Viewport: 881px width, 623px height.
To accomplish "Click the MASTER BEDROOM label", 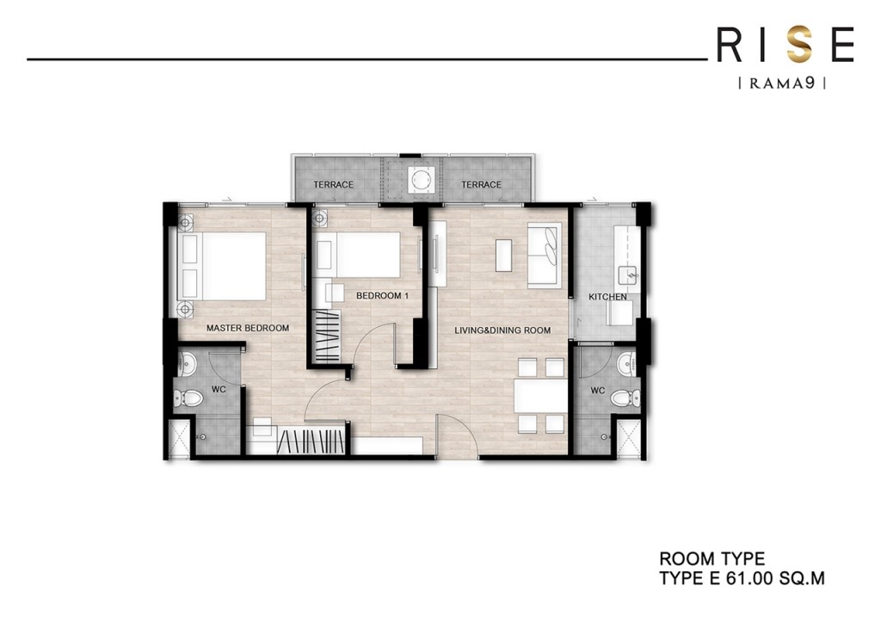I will [247, 328].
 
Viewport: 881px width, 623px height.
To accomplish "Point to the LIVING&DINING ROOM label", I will [502, 330].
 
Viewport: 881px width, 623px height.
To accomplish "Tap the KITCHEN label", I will [607, 297].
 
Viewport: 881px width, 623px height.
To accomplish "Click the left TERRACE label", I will [334, 185].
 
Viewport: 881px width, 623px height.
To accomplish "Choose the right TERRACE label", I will [481, 185].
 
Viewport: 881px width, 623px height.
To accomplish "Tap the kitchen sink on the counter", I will [625, 275].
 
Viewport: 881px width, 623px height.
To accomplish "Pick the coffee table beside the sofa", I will [504, 255].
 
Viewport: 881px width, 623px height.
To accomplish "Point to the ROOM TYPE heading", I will [712, 560].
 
